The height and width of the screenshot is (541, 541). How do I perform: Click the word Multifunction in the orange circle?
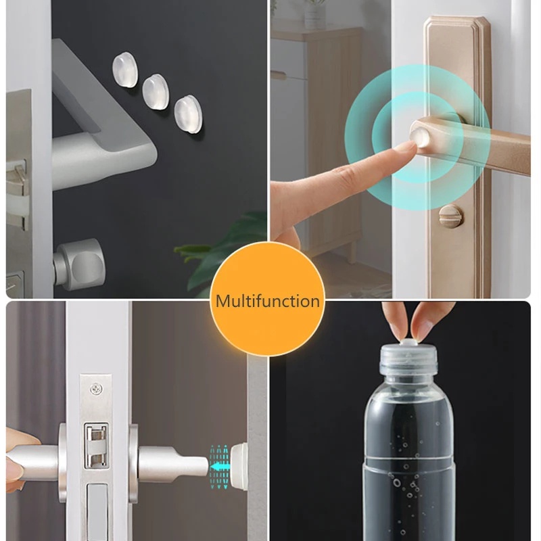coord(267,301)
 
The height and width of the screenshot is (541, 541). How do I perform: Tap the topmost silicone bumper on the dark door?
coord(125,70)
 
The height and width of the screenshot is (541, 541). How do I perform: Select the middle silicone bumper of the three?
coord(156,91)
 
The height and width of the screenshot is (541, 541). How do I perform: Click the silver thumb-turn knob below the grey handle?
coord(80,263)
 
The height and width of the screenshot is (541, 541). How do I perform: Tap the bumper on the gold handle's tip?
coord(420,137)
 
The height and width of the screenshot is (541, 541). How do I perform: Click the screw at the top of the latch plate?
coord(96,390)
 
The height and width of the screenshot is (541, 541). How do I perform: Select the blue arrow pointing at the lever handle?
coord(220,467)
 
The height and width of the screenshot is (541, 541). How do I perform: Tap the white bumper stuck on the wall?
coord(239,466)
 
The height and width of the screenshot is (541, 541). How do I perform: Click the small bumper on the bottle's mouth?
coord(408,342)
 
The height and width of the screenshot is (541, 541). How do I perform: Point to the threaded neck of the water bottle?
coord(409,360)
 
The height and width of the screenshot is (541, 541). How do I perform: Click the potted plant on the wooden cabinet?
coord(315,14)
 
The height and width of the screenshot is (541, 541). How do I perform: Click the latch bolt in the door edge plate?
coord(96,445)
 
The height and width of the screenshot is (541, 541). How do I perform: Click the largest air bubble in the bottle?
coord(396,482)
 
